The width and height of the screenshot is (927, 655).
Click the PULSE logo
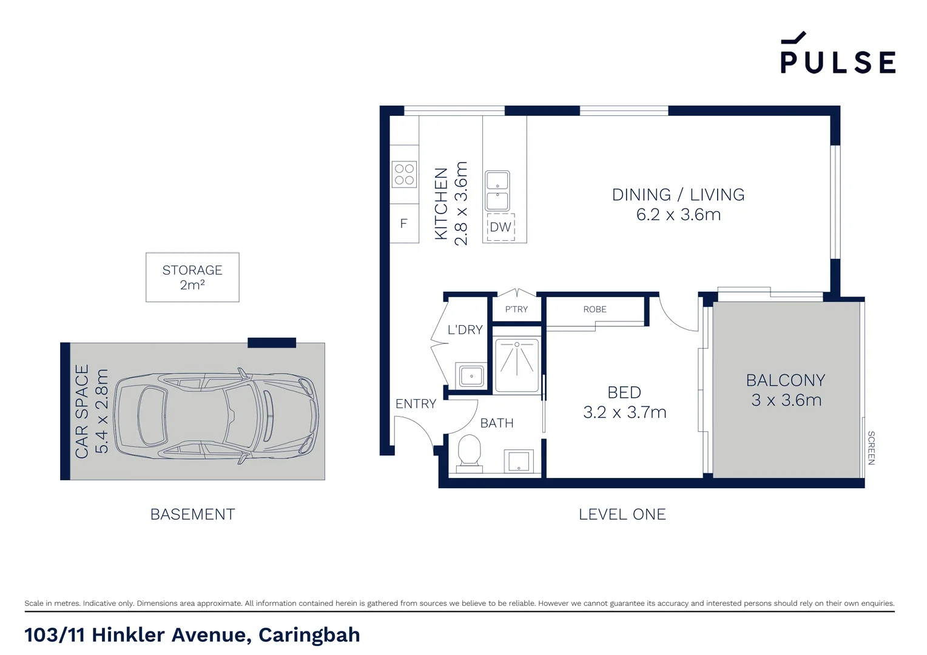pyautogui.click(x=837, y=54)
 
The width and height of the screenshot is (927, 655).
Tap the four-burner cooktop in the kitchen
pyautogui.click(x=404, y=174)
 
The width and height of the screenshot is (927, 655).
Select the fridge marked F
pyautogui.click(x=404, y=224)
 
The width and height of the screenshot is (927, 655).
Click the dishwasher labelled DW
pyautogui.click(x=501, y=227)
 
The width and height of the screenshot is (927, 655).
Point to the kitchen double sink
pyautogui.click(x=497, y=190)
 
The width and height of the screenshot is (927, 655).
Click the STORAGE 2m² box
pyautogui.click(x=192, y=277)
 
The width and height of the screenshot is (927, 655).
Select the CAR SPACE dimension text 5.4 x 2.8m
pyautogui.click(x=102, y=411)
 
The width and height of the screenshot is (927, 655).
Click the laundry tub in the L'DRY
pyautogui.click(x=471, y=376)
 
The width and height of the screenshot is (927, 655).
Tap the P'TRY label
pyautogui.click(x=516, y=309)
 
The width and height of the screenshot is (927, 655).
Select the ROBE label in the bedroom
pyautogui.click(x=595, y=309)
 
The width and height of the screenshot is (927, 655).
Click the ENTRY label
pyautogui.click(x=416, y=404)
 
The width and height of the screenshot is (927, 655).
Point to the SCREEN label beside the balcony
pyautogui.click(x=871, y=448)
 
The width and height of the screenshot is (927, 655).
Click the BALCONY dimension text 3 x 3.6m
pyautogui.click(x=786, y=400)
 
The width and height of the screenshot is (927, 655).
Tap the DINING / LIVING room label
pyautogui.click(x=678, y=195)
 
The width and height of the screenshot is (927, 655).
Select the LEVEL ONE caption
pyautogui.click(x=622, y=514)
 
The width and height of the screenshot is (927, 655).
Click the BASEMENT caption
pyautogui.click(x=192, y=514)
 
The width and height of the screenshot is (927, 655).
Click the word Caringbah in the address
pyautogui.click(x=309, y=635)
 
